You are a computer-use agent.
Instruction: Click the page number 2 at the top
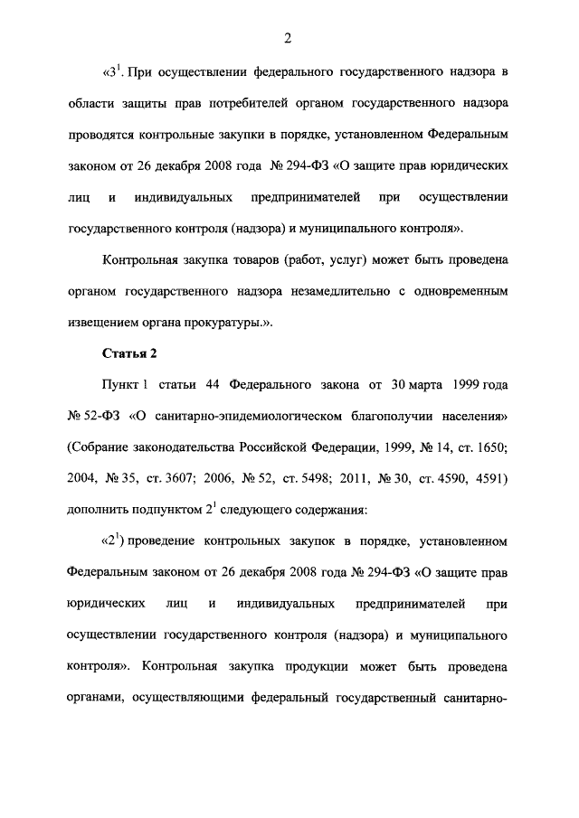point(287,38)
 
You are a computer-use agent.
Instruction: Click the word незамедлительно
point(331,292)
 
